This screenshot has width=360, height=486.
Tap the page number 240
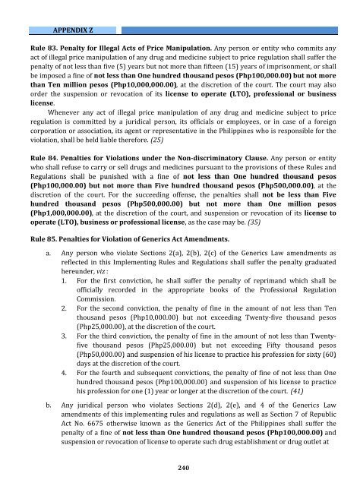180,466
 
